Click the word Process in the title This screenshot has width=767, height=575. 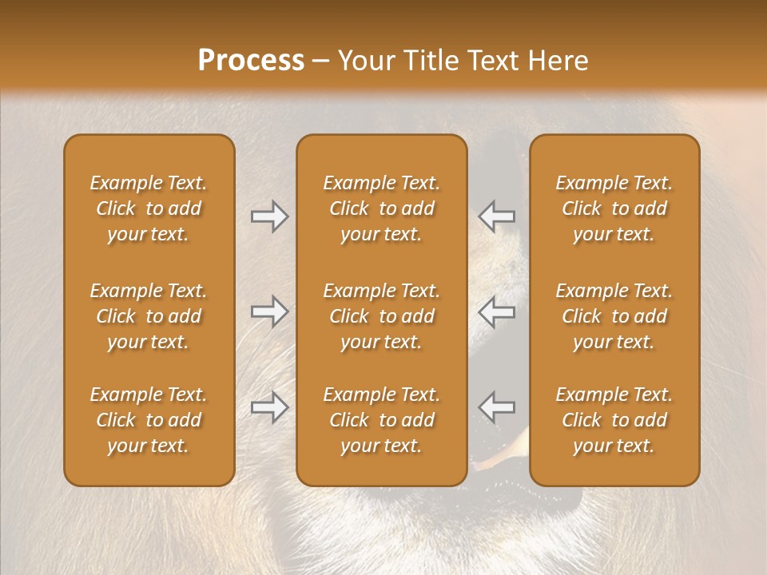251,61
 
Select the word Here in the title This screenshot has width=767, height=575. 556,61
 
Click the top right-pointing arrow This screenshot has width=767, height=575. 269,216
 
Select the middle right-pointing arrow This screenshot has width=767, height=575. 269,311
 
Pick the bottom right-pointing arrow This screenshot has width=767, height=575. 269,407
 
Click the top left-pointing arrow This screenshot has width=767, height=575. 496,216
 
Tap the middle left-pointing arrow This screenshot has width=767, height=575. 496,311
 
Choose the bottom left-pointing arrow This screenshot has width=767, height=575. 496,407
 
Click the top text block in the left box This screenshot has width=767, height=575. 149,208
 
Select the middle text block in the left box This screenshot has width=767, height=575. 149,316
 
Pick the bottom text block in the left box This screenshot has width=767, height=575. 149,420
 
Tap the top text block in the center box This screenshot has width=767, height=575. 381,208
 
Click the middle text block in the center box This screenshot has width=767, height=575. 381,316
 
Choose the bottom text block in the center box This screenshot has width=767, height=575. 381,420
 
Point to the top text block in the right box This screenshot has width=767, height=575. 614,208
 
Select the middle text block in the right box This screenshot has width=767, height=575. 614,316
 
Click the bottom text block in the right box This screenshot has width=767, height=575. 614,420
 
